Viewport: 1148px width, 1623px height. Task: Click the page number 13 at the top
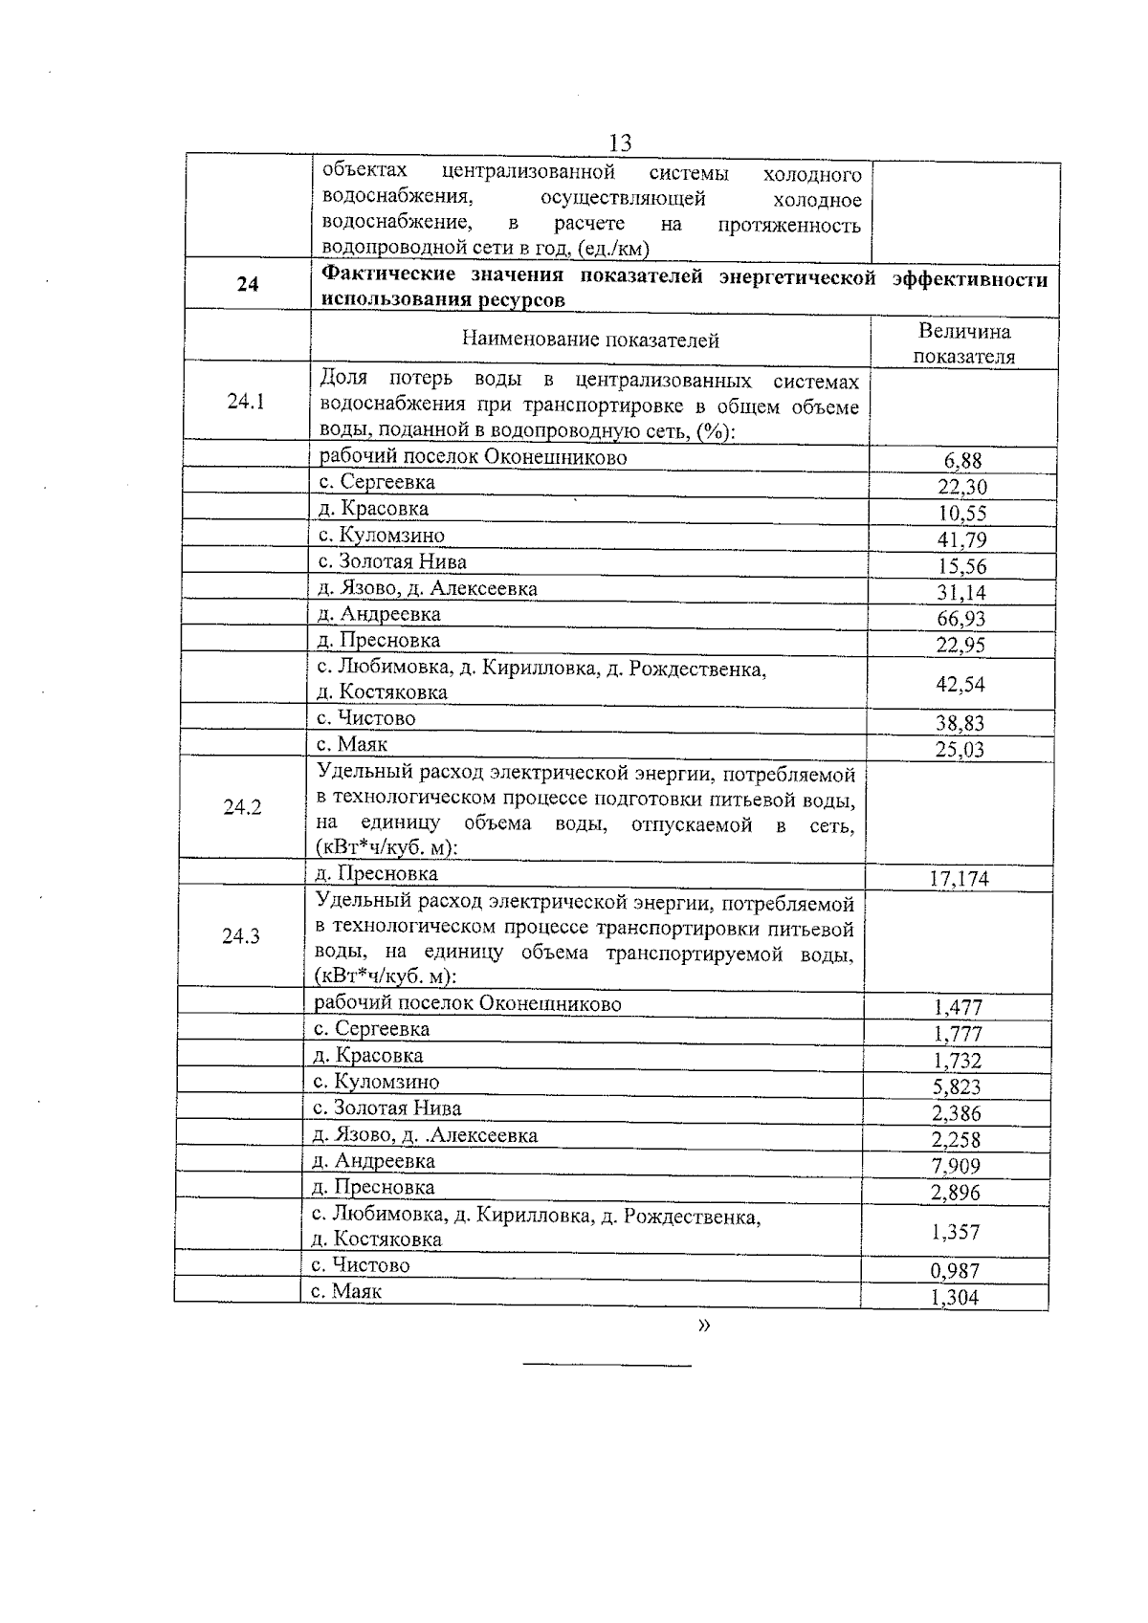tap(620, 143)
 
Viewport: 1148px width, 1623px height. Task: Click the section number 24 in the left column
tap(248, 284)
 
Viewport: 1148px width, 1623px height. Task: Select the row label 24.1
tap(246, 402)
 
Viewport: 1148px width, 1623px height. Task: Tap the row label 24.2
tap(242, 807)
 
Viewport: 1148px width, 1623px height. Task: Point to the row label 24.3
tap(241, 936)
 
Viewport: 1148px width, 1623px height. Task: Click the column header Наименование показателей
tap(590, 340)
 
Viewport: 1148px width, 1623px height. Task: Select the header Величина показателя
tap(963, 344)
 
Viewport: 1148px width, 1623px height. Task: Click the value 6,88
tap(962, 461)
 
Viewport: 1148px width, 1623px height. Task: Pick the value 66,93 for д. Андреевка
tap(961, 619)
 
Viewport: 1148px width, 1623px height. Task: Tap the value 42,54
tap(961, 684)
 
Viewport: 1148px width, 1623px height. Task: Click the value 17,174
tap(960, 879)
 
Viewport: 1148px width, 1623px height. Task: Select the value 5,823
tap(957, 1087)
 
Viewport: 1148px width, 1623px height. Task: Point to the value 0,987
tap(956, 1271)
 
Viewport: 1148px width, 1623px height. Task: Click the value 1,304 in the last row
tap(955, 1298)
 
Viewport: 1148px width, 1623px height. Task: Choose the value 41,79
tap(961, 539)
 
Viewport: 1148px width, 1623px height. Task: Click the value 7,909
tap(957, 1166)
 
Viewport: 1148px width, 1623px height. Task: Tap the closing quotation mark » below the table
tap(705, 1326)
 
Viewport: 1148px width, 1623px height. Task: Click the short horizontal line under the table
tap(607, 1366)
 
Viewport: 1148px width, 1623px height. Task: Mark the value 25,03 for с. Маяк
tap(960, 750)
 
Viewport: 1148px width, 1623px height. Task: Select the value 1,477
tap(958, 1007)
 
